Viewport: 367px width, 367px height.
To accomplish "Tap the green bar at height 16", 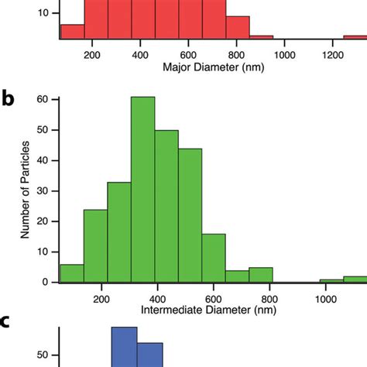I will pyautogui.click(x=213, y=259).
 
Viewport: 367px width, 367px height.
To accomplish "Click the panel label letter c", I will pyautogui.click(x=7, y=323).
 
